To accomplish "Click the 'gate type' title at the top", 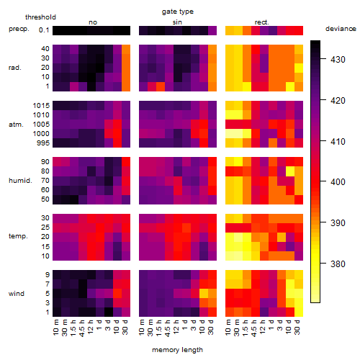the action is pyautogui.click(x=178, y=12).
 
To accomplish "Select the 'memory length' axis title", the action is pyautogui.click(x=177, y=350).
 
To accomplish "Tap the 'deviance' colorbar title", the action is pyautogui.click(x=341, y=29).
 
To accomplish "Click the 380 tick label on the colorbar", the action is pyautogui.click(x=338, y=264).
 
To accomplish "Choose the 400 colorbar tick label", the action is pyautogui.click(x=338, y=182).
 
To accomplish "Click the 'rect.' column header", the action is pyautogui.click(x=262, y=22).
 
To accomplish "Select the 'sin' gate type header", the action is pyautogui.click(x=177, y=22).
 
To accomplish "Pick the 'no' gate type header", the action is pyautogui.click(x=93, y=22).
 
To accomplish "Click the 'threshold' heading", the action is pyautogui.click(x=40, y=17).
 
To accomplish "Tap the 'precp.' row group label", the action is pyautogui.click(x=19, y=29).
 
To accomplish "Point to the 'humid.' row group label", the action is pyautogui.click(x=20, y=181).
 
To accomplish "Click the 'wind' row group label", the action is pyautogui.click(x=17, y=294).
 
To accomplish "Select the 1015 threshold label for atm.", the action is pyautogui.click(x=41, y=106).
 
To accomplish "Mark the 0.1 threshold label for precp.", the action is pyautogui.click(x=44, y=30).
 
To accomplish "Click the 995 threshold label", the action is pyautogui.click(x=43, y=143).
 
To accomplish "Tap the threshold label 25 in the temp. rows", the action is pyautogui.click(x=45, y=227).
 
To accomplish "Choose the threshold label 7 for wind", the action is pyautogui.click(x=48, y=284).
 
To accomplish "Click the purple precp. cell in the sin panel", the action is pyautogui.click(x=212, y=30).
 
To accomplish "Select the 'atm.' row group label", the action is pyautogui.click(x=16, y=125).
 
